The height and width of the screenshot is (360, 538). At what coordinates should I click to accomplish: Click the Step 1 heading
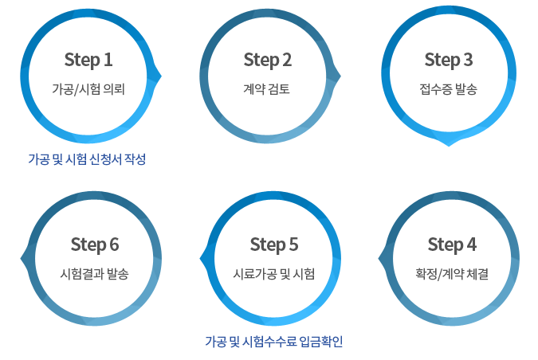coord(88,60)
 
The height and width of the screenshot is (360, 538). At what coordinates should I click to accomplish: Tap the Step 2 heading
coord(268,60)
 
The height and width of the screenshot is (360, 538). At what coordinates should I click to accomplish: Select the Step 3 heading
coord(449,60)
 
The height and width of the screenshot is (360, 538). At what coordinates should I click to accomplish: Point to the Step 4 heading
coord(452,244)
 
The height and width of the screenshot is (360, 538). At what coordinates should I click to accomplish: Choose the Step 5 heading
coord(274,244)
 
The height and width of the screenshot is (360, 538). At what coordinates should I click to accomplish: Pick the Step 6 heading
coord(94,244)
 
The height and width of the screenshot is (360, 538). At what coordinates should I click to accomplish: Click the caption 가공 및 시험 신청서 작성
coord(87,158)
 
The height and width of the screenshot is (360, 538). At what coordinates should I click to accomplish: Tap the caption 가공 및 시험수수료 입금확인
coord(273,342)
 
